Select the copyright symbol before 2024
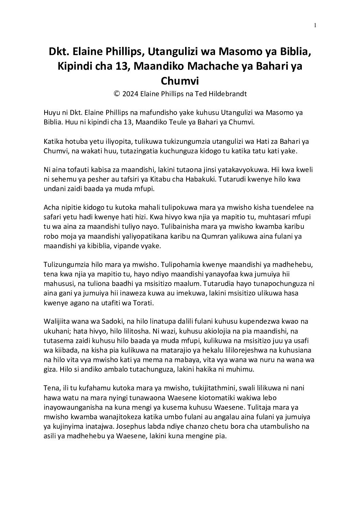pyautogui.click(x=117, y=94)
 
